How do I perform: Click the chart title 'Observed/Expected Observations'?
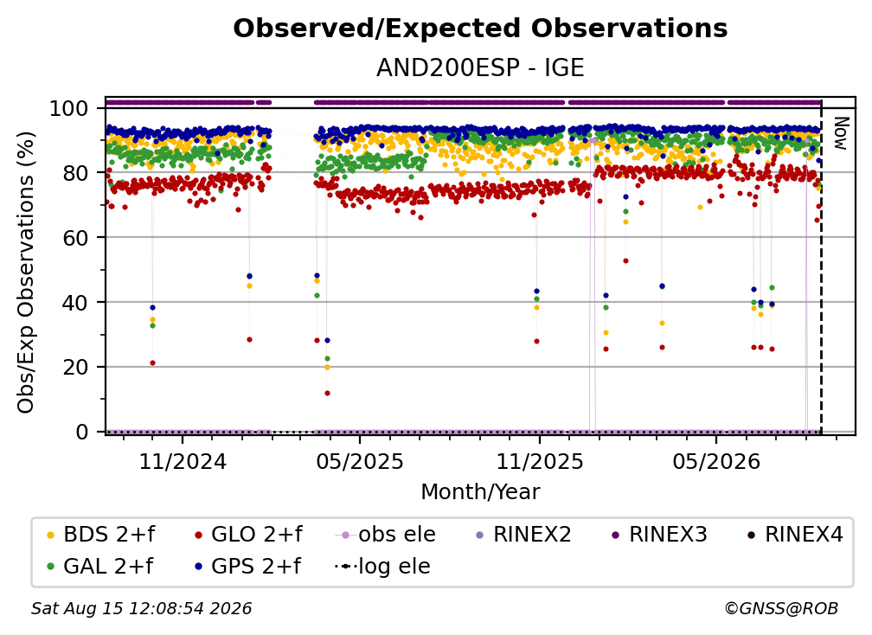tap(480, 29)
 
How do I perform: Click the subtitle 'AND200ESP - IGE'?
tap(480, 68)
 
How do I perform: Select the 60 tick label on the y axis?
tap(75, 237)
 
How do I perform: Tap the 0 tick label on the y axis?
tap(82, 432)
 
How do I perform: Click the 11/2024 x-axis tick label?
tap(183, 461)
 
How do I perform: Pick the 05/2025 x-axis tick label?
tap(359, 461)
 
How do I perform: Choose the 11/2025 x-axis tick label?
tap(540, 461)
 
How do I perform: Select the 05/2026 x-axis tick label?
tap(716, 461)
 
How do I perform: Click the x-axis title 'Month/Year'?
tap(480, 492)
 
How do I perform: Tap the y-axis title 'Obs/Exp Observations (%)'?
tap(26, 272)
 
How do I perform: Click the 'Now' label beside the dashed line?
tap(840, 133)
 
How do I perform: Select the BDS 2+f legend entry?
tap(101, 535)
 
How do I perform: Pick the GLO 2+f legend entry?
tap(248, 535)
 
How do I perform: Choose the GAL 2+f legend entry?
tap(100, 567)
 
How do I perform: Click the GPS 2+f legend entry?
tap(248, 567)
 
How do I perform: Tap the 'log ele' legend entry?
tap(382, 567)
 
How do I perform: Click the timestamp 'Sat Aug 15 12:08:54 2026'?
tap(141, 608)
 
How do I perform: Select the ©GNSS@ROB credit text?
tap(781, 608)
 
